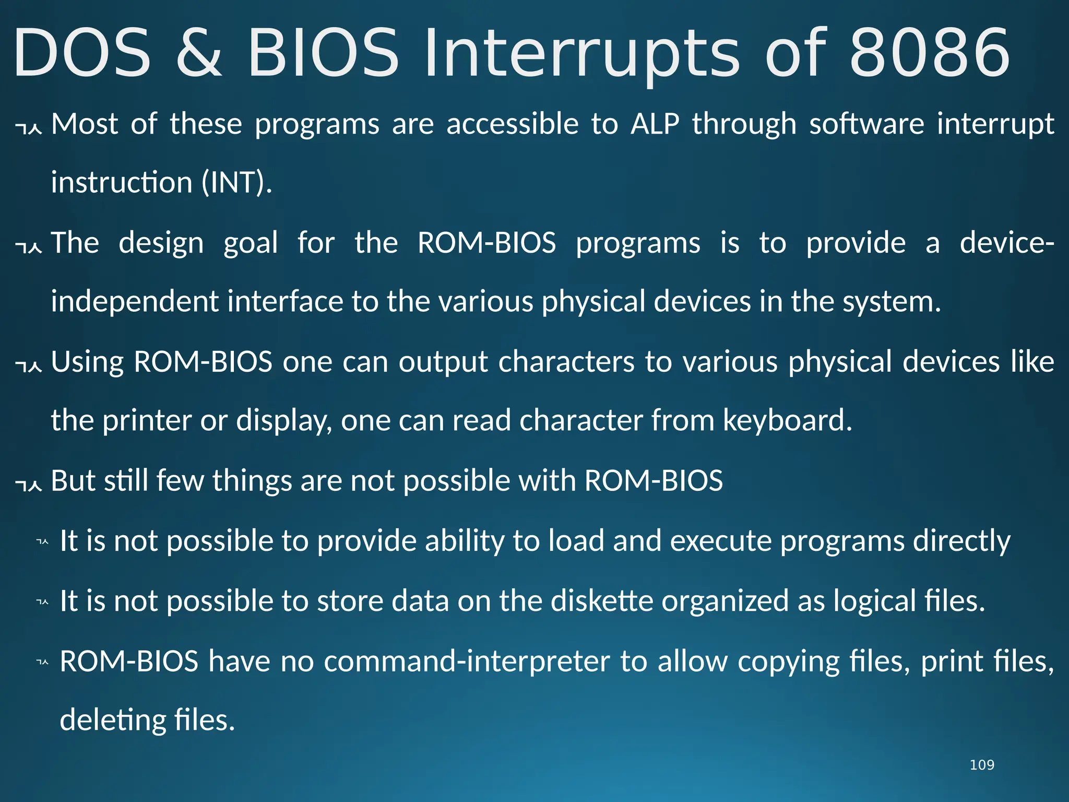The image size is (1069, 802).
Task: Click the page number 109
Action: tap(981, 765)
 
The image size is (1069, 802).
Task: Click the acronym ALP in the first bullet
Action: tap(655, 124)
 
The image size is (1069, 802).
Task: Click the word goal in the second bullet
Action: tap(251, 243)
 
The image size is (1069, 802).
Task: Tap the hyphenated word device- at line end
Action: tap(1007, 243)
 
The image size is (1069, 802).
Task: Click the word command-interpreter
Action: tap(467, 662)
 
